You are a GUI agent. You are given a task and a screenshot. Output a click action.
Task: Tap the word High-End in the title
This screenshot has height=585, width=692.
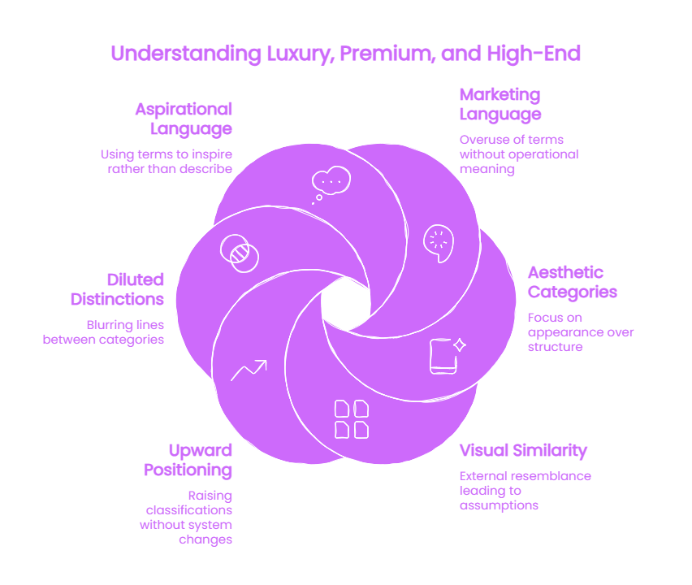click(x=534, y=54)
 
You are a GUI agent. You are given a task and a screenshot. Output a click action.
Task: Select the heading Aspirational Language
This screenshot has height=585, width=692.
click(x=184, y=119)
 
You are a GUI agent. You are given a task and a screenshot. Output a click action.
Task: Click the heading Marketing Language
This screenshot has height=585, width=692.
click(x=500, y=105)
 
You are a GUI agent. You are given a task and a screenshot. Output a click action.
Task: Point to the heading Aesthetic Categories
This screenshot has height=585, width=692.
click(x=573, y=283)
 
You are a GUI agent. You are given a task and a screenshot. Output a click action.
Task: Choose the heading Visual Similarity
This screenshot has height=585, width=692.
click(x=523, y=450)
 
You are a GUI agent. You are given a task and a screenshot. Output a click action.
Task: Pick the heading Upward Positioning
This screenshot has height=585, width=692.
click(x=188, y=461)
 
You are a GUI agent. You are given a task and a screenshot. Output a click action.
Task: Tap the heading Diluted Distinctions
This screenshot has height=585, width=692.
click(x=118, y=289)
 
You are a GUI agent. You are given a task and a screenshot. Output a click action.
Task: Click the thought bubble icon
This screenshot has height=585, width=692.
click(x=331, y=184)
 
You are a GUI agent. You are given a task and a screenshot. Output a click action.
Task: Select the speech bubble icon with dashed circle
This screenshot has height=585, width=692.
click(x=439, y=243)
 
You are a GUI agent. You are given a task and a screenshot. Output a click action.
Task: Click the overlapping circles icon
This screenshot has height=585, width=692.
click(x=240, y=253)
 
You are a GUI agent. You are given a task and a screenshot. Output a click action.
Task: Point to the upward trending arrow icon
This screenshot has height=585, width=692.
click(x=249, y=370)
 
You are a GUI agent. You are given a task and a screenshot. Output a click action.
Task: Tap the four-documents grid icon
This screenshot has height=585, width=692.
click(x=352, y=419)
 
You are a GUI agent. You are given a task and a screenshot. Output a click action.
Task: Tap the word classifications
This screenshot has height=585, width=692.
click(x=189, y=510)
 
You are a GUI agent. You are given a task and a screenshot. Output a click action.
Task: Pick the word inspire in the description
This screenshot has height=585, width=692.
click(x=212, y=154)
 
